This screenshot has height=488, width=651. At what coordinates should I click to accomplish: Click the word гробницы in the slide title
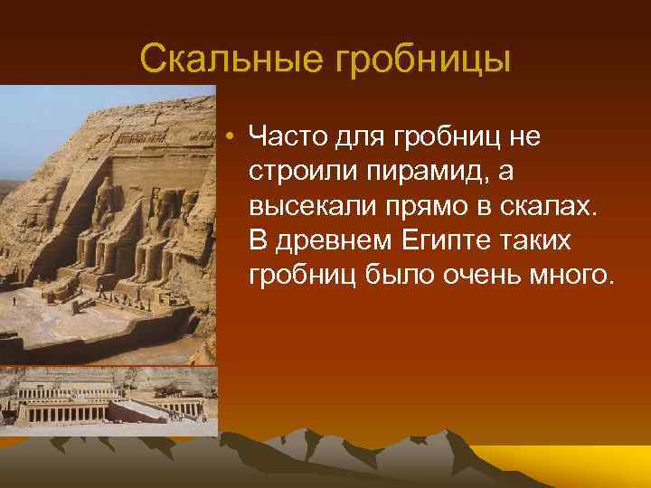click(x=424, y=61)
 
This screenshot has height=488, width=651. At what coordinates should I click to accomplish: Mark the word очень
click(x=477, y=274)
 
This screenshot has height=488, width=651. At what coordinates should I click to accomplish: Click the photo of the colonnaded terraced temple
click(x=108, y=397)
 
